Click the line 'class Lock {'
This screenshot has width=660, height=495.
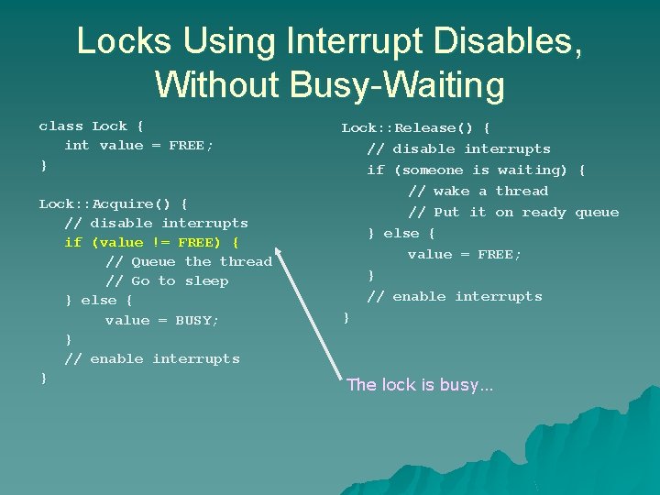click(91, 126)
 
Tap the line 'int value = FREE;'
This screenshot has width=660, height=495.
click(138, 145)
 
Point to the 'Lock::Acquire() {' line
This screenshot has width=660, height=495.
click(113, 203)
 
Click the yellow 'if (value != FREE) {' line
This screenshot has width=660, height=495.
click(151, 242)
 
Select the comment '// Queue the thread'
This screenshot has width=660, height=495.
click(189, 261)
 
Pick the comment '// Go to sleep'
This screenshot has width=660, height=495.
click(167, 280)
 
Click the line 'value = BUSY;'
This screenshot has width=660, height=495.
click(162, 320)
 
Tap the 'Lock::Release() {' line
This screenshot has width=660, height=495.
click(415, 127)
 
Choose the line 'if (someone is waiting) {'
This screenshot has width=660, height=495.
click(476, 170)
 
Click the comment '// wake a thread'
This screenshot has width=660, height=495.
click(478, 191)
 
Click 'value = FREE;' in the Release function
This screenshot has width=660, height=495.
click(465, 254)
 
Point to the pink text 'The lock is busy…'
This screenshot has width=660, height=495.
click(420, 385)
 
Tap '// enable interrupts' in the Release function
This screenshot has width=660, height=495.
click(455, 296)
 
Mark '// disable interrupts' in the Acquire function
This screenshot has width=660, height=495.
click(156, 223)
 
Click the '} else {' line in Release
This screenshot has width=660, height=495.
click(401, 233)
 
